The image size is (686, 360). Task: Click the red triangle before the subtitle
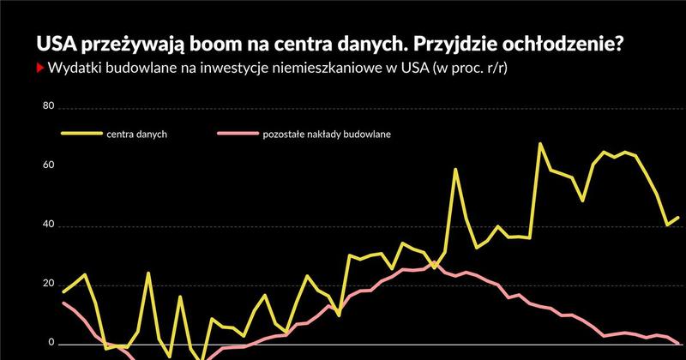39,69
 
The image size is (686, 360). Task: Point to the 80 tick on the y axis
48,107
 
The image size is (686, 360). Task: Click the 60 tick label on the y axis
48,165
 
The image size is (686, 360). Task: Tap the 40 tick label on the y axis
48,225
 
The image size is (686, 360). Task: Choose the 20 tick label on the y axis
48,285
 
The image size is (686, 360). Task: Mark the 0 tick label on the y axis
51,343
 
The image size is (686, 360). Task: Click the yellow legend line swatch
79,135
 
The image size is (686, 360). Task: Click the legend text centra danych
137,135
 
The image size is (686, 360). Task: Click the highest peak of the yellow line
540,144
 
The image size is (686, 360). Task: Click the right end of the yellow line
677,218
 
